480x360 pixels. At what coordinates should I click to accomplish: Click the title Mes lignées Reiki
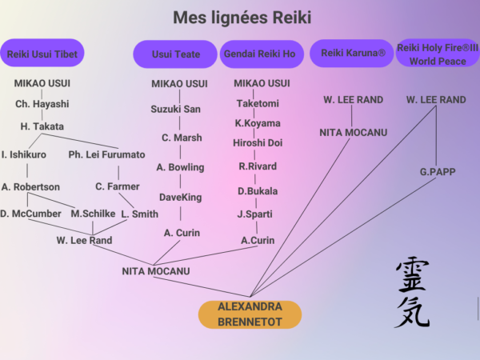tap(242, 18)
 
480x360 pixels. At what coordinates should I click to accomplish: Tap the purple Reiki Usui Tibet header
tap(42, 54)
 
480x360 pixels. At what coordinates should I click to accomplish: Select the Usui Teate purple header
tap(175, 54)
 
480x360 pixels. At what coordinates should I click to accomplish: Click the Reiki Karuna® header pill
tap(353, 53)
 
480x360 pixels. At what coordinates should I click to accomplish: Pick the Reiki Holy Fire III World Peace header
tap(438, 54)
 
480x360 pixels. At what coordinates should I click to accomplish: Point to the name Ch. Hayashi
tap(42, 104)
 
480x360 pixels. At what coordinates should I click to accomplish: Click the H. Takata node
tap(42, 126)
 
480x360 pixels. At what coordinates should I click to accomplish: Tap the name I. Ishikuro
tap(24, 154)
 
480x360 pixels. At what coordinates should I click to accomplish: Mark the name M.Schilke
tap(93, 214)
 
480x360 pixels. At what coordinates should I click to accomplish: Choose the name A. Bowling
tap(180, 167)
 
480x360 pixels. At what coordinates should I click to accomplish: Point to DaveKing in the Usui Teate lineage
tap(180, 197)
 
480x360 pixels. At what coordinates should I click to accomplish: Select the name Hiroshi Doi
tap(257, 143)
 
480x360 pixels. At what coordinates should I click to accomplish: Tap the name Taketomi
tap(257, 103)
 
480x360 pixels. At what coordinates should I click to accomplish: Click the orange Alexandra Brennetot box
tap(250, 314)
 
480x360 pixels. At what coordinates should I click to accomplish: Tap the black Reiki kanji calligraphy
tap(412, 292)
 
